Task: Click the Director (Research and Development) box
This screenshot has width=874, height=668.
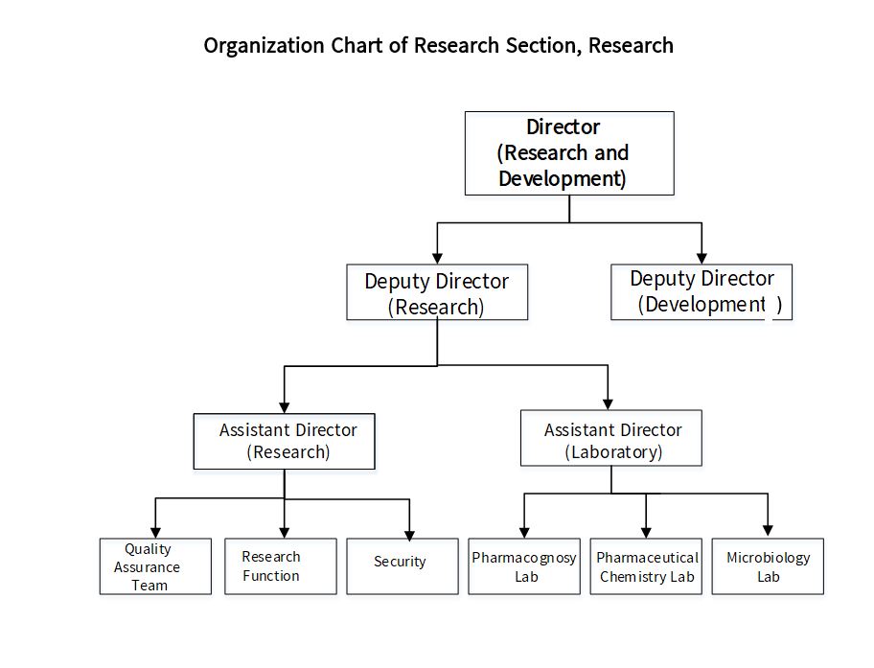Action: click(569, 153)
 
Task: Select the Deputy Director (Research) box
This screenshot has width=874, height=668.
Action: click(437, 292)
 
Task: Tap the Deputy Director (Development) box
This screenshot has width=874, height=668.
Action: click(701, 292)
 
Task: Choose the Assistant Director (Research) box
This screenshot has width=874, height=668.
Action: click(285, 441)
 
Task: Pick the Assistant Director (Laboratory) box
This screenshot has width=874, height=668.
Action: click(610, 438)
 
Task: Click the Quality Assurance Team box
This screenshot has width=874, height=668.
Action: click(155, 566)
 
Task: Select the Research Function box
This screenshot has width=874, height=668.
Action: click(281, 566)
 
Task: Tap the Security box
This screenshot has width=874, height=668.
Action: click(402, 566)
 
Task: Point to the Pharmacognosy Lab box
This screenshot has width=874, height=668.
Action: click(524, 566)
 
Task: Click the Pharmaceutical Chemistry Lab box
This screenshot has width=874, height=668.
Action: click(646, 566)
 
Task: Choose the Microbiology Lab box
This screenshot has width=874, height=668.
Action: click(768, 566)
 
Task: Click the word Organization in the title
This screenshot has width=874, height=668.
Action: click(264, 46)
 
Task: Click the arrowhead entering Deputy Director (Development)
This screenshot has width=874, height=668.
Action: click(701, 258)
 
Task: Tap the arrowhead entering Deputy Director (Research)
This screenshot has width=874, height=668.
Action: click(438, 258)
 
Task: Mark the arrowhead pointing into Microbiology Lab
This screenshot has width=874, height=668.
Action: click(768, 530)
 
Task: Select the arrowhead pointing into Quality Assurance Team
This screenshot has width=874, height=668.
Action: click(155, 533)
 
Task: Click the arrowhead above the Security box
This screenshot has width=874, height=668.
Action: click(410, 536)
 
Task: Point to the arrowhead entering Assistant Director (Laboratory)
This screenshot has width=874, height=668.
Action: click(608, 404)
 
